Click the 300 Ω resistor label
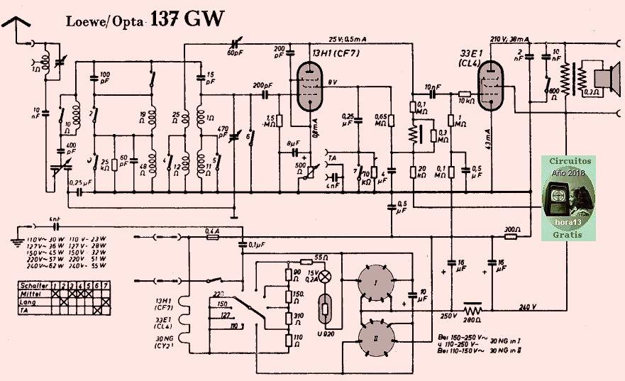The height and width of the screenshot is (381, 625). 511,231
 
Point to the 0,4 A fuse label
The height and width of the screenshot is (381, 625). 211,231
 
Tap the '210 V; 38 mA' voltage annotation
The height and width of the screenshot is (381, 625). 509,39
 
